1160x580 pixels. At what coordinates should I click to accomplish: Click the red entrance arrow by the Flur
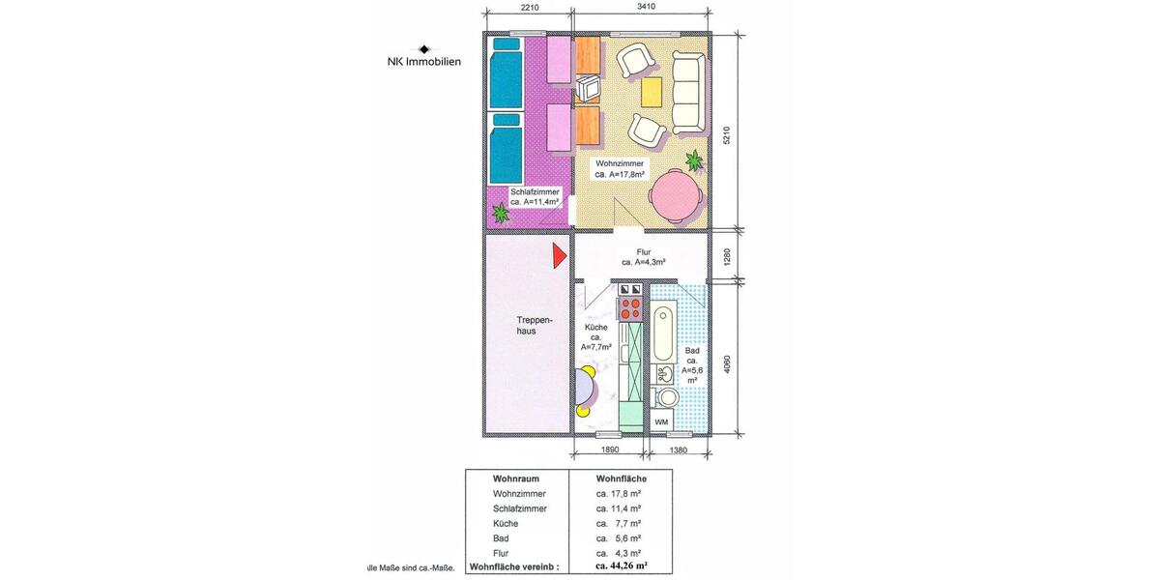[x=559, y=255]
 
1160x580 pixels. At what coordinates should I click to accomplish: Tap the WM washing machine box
[x=661, y=422]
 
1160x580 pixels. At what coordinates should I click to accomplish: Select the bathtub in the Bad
[x=663, y=333]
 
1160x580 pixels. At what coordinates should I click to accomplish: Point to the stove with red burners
[x=630, y=308]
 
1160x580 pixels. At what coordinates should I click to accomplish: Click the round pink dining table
[x=675, y=197]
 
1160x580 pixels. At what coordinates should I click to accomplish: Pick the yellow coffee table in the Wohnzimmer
[x=652, y=92]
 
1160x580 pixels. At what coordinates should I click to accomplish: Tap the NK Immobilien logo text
[x=424, y=61]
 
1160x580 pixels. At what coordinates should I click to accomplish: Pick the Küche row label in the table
[x=507, y=522]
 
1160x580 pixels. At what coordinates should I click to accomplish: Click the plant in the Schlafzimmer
[x=501, y=212]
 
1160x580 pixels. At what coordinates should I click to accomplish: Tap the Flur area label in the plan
[x=644, y=257]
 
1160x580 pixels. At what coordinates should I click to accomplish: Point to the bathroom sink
[x=666, y=373]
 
